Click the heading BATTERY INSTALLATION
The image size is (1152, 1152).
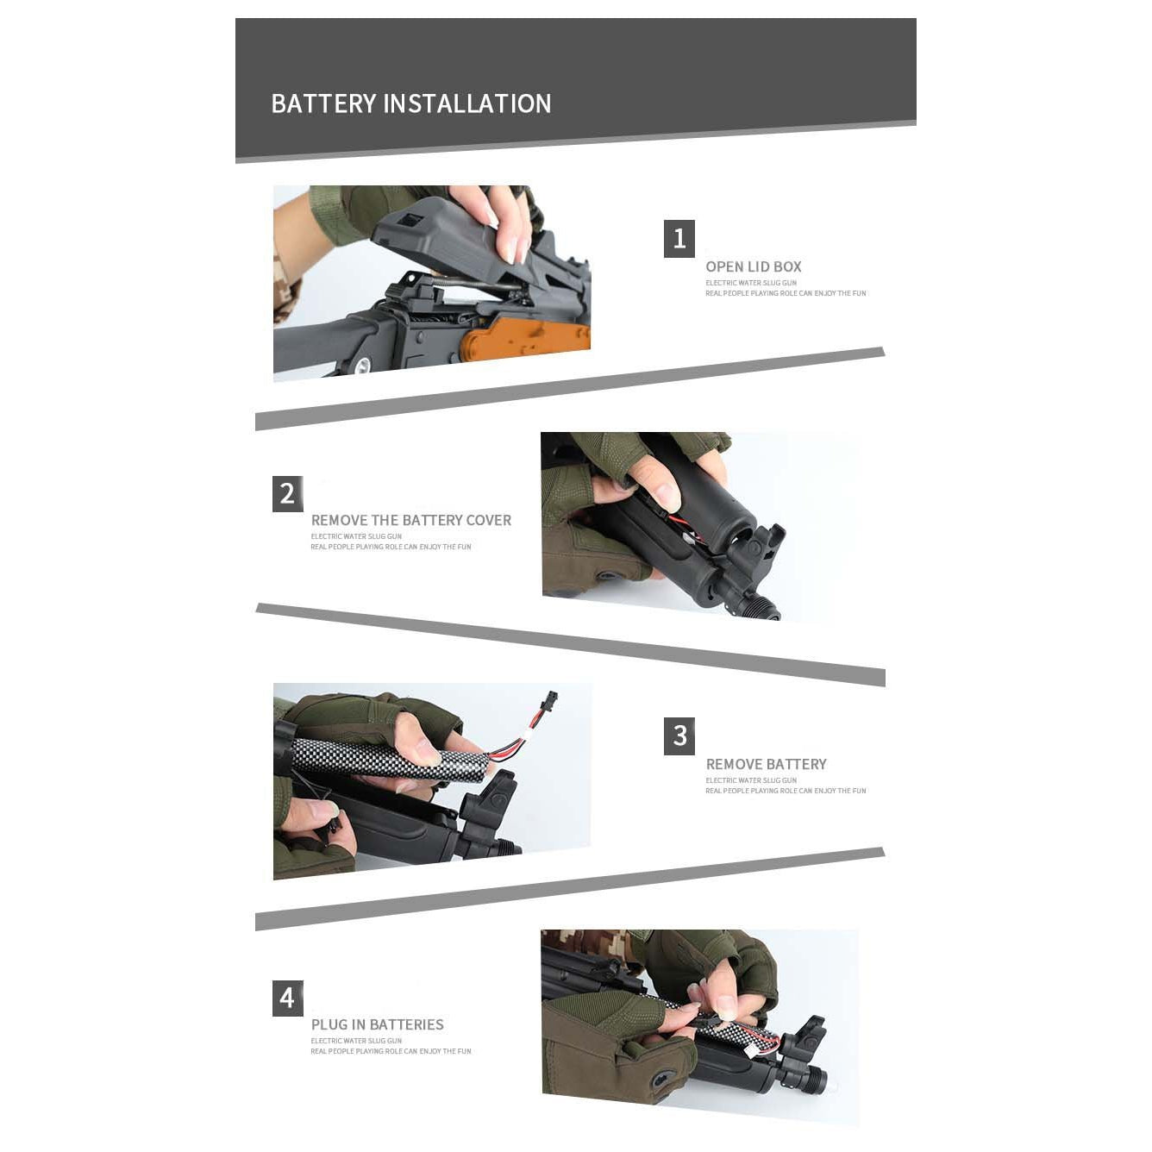(410, 103)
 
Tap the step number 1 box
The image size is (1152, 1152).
(679, 239)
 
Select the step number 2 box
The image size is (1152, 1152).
(287, 493)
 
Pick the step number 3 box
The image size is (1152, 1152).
(679, 736)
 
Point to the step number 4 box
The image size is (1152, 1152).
(287, 999)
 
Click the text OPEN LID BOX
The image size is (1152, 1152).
(753, 266)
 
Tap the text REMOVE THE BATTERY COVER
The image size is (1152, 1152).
(410, 520)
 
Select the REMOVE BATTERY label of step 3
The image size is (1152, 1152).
(766, 764)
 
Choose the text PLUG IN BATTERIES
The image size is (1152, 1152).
(377, 1024)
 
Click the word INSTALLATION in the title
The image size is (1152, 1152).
(466, 103)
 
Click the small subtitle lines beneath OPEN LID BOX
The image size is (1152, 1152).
(785, 288)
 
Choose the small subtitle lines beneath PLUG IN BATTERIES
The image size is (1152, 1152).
(390, 1046)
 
